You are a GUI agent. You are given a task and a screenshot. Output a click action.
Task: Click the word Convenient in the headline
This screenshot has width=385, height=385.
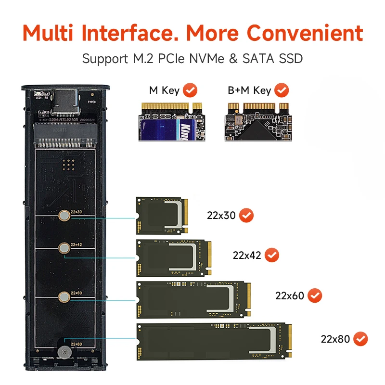coord(305,33)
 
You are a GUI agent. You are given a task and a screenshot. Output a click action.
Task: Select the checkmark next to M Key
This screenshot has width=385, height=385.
coord(191,90)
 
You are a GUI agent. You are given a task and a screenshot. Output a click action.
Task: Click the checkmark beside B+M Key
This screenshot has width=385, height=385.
coord(282,90)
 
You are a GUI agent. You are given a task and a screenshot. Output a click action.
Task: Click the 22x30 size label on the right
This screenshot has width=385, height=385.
coord(221,216)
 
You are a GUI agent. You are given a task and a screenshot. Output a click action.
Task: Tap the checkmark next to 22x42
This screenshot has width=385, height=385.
coord(271,255)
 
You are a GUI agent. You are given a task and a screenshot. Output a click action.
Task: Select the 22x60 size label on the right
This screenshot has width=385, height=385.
coord(289,295)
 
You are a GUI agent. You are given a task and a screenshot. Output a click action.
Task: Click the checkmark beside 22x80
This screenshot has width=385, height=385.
coord(360,339)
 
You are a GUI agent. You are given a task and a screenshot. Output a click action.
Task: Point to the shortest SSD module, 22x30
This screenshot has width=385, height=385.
coord(161,216)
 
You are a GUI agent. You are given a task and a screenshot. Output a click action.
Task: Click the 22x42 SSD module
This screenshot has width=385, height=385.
coord(174,257)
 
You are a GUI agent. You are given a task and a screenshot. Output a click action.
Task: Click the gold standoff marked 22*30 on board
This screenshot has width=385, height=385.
coord(64,216)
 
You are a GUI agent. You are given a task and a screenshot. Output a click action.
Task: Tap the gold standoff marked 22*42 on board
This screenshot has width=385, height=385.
coord(63,248)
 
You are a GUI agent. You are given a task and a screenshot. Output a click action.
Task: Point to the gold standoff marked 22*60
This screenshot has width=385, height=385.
coord(63,297)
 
